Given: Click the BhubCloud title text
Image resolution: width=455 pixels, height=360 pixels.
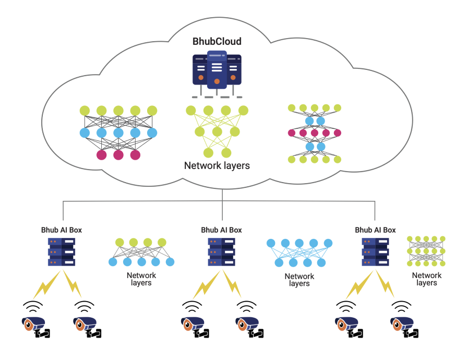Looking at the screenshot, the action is coord(217,41).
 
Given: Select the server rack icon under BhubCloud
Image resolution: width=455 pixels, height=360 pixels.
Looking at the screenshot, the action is coord(217,74).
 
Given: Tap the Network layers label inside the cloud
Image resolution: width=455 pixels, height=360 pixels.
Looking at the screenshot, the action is coord(217,165).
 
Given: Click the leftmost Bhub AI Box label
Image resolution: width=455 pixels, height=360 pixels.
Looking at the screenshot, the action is coord(62,230).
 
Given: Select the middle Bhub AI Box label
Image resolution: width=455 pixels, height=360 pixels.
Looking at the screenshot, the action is coord(221,230).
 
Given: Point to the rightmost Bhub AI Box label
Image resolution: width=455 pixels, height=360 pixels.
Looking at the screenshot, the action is coord(375,230).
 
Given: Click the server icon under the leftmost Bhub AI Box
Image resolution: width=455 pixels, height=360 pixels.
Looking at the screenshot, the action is coord(62,252).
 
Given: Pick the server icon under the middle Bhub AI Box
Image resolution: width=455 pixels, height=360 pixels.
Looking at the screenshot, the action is coord(221,252).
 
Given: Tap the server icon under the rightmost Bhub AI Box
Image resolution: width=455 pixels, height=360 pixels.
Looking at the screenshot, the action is coord(375,252).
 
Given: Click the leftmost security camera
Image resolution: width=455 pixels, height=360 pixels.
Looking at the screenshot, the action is coord(35,327).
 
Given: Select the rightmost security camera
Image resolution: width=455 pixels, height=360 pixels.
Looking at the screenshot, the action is coord(404,327).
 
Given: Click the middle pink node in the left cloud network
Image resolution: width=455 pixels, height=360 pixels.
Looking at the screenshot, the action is coord(118,155).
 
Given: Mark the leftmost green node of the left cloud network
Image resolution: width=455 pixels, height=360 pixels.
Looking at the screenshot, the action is coord(85,111).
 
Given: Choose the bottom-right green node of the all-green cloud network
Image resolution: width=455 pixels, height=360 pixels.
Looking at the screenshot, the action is coord(226,153).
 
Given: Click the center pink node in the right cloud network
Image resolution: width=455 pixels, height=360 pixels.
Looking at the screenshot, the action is coord(315,133).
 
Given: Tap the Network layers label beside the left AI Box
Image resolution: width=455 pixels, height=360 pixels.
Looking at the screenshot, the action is coord(141,279).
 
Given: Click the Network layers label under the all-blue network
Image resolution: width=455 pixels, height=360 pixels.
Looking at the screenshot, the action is coord(299,280).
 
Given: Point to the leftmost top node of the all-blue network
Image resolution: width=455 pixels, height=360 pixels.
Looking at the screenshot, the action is coord(271,243).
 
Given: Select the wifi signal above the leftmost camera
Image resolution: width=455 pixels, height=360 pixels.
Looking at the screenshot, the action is coord(33,306).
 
